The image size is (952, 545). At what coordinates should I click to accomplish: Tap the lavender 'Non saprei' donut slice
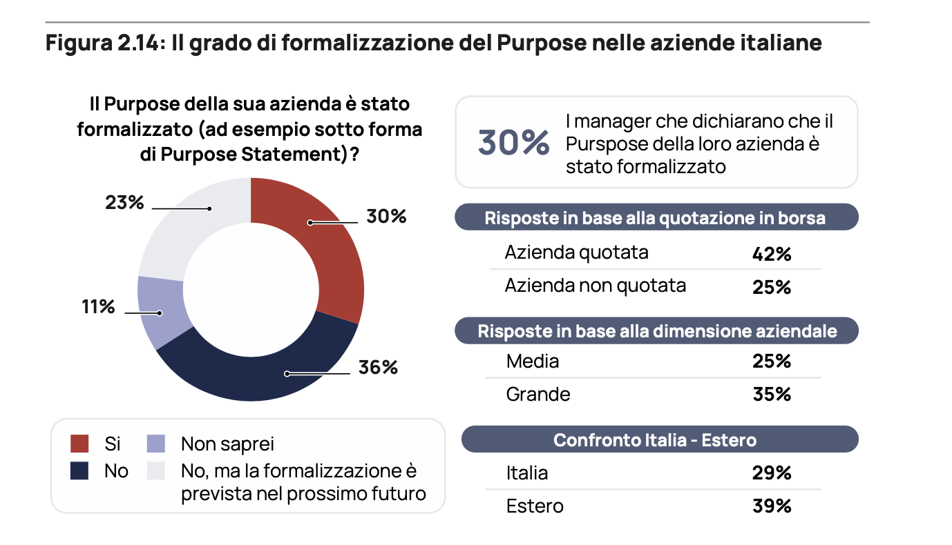[155, 310]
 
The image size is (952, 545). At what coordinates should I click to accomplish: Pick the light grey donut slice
[190, 214]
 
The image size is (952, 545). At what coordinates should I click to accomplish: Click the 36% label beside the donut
[378, 368]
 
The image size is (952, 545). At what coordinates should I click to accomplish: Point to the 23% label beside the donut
[124, 203]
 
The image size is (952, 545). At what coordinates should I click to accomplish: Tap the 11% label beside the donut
[98, 306]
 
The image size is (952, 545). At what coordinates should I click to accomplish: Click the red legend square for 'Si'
[79, 444]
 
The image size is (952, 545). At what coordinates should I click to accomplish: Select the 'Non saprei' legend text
[227, 444]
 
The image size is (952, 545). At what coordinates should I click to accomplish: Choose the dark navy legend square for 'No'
[79, 471]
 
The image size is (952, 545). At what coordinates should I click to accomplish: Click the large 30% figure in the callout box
[513, 142]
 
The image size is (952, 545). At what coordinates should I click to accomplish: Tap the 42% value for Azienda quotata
[771, 254]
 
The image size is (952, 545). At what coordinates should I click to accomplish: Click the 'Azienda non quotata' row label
[595, 286]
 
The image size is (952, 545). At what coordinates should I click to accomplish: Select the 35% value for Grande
[771, 395]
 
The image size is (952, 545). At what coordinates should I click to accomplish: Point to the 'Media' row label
[532, 361]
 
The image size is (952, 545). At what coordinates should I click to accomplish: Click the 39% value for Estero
[771, 506]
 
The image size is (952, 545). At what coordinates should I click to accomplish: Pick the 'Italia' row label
[526, 473]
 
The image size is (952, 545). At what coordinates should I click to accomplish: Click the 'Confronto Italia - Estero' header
[655, 439]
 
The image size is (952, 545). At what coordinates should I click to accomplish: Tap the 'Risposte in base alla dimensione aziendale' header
[657, 331]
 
